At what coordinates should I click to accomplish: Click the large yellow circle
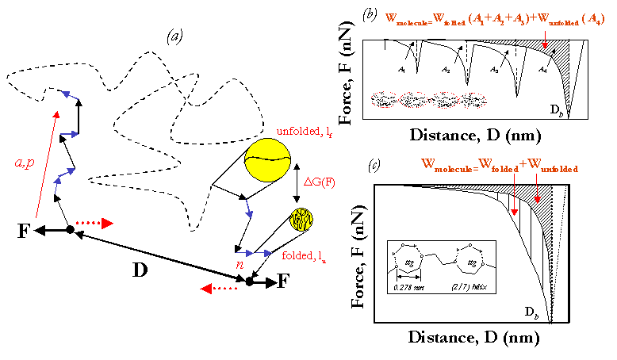pyautogui.click(x=267, y=160)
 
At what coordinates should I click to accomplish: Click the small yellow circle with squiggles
pyautogui.click(x=301, y=220)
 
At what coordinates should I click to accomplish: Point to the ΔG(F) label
pyautogui.click(x=320, y=182)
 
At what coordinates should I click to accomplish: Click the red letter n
pyautogui.click(x=240, y=266)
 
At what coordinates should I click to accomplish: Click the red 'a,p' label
pyautogui.click(x=25, y=163)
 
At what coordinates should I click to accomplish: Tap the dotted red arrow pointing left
pyautogui.click(x=219, y=289)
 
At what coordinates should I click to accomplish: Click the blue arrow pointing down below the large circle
pyautogui.click(x=249, y=209)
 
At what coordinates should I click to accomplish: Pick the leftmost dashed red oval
pyautogui.click(x=384, y=100)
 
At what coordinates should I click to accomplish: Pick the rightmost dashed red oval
pyautogui.click(x=473, y=100)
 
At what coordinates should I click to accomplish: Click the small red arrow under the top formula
pyautogui.click(x=545, y=40)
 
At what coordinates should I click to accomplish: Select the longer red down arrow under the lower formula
pyautogui.click(x=514, y=194)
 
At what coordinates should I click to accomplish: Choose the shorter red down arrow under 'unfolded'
pyautogui.click(x=537, y=189)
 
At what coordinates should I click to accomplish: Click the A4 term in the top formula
pyautogui.click(x=593, y=20)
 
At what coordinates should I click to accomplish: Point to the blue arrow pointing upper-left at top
pyautogui.click(x=70, y=95)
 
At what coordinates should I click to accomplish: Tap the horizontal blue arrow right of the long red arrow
pyautogui.click(x=69, y=134)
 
